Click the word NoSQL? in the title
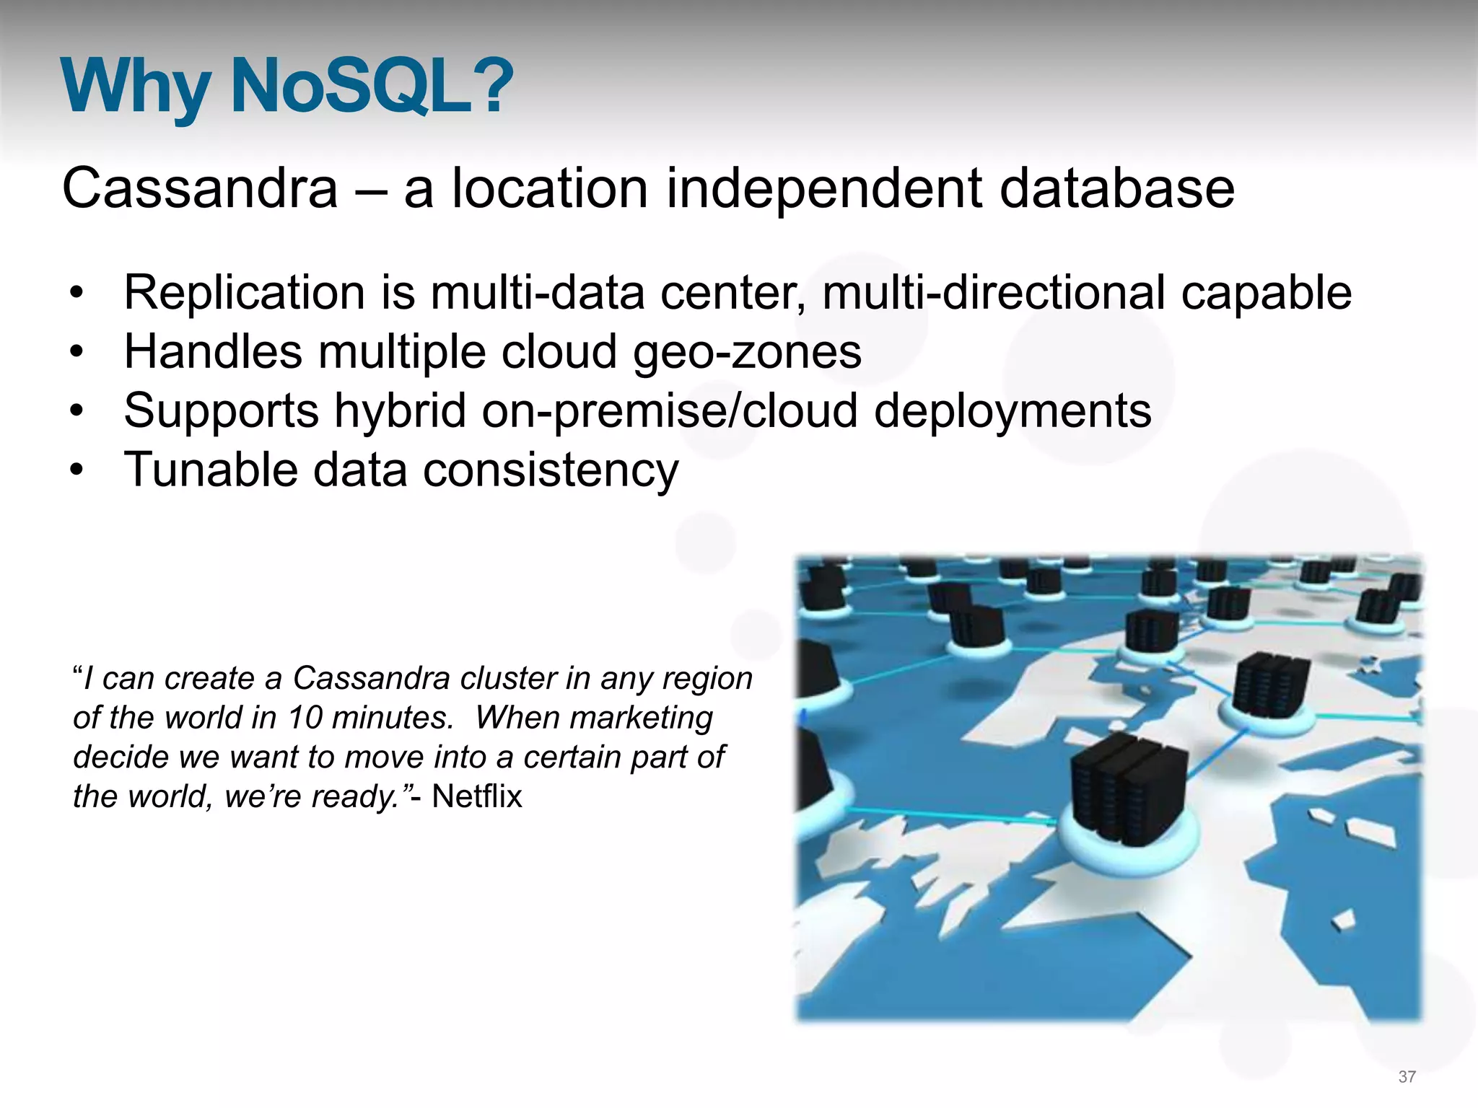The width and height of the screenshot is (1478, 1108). click(371, 87)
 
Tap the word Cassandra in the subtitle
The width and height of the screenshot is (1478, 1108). click(200, 188)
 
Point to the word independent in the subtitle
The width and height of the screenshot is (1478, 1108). click(823, 188)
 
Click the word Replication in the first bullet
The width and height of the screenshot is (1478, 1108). click(244, 293)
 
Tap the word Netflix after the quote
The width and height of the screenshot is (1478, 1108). click(476, 797)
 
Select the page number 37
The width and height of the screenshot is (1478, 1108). click(1407, 1077)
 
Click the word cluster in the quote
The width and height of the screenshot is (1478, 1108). click(522, 679)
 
